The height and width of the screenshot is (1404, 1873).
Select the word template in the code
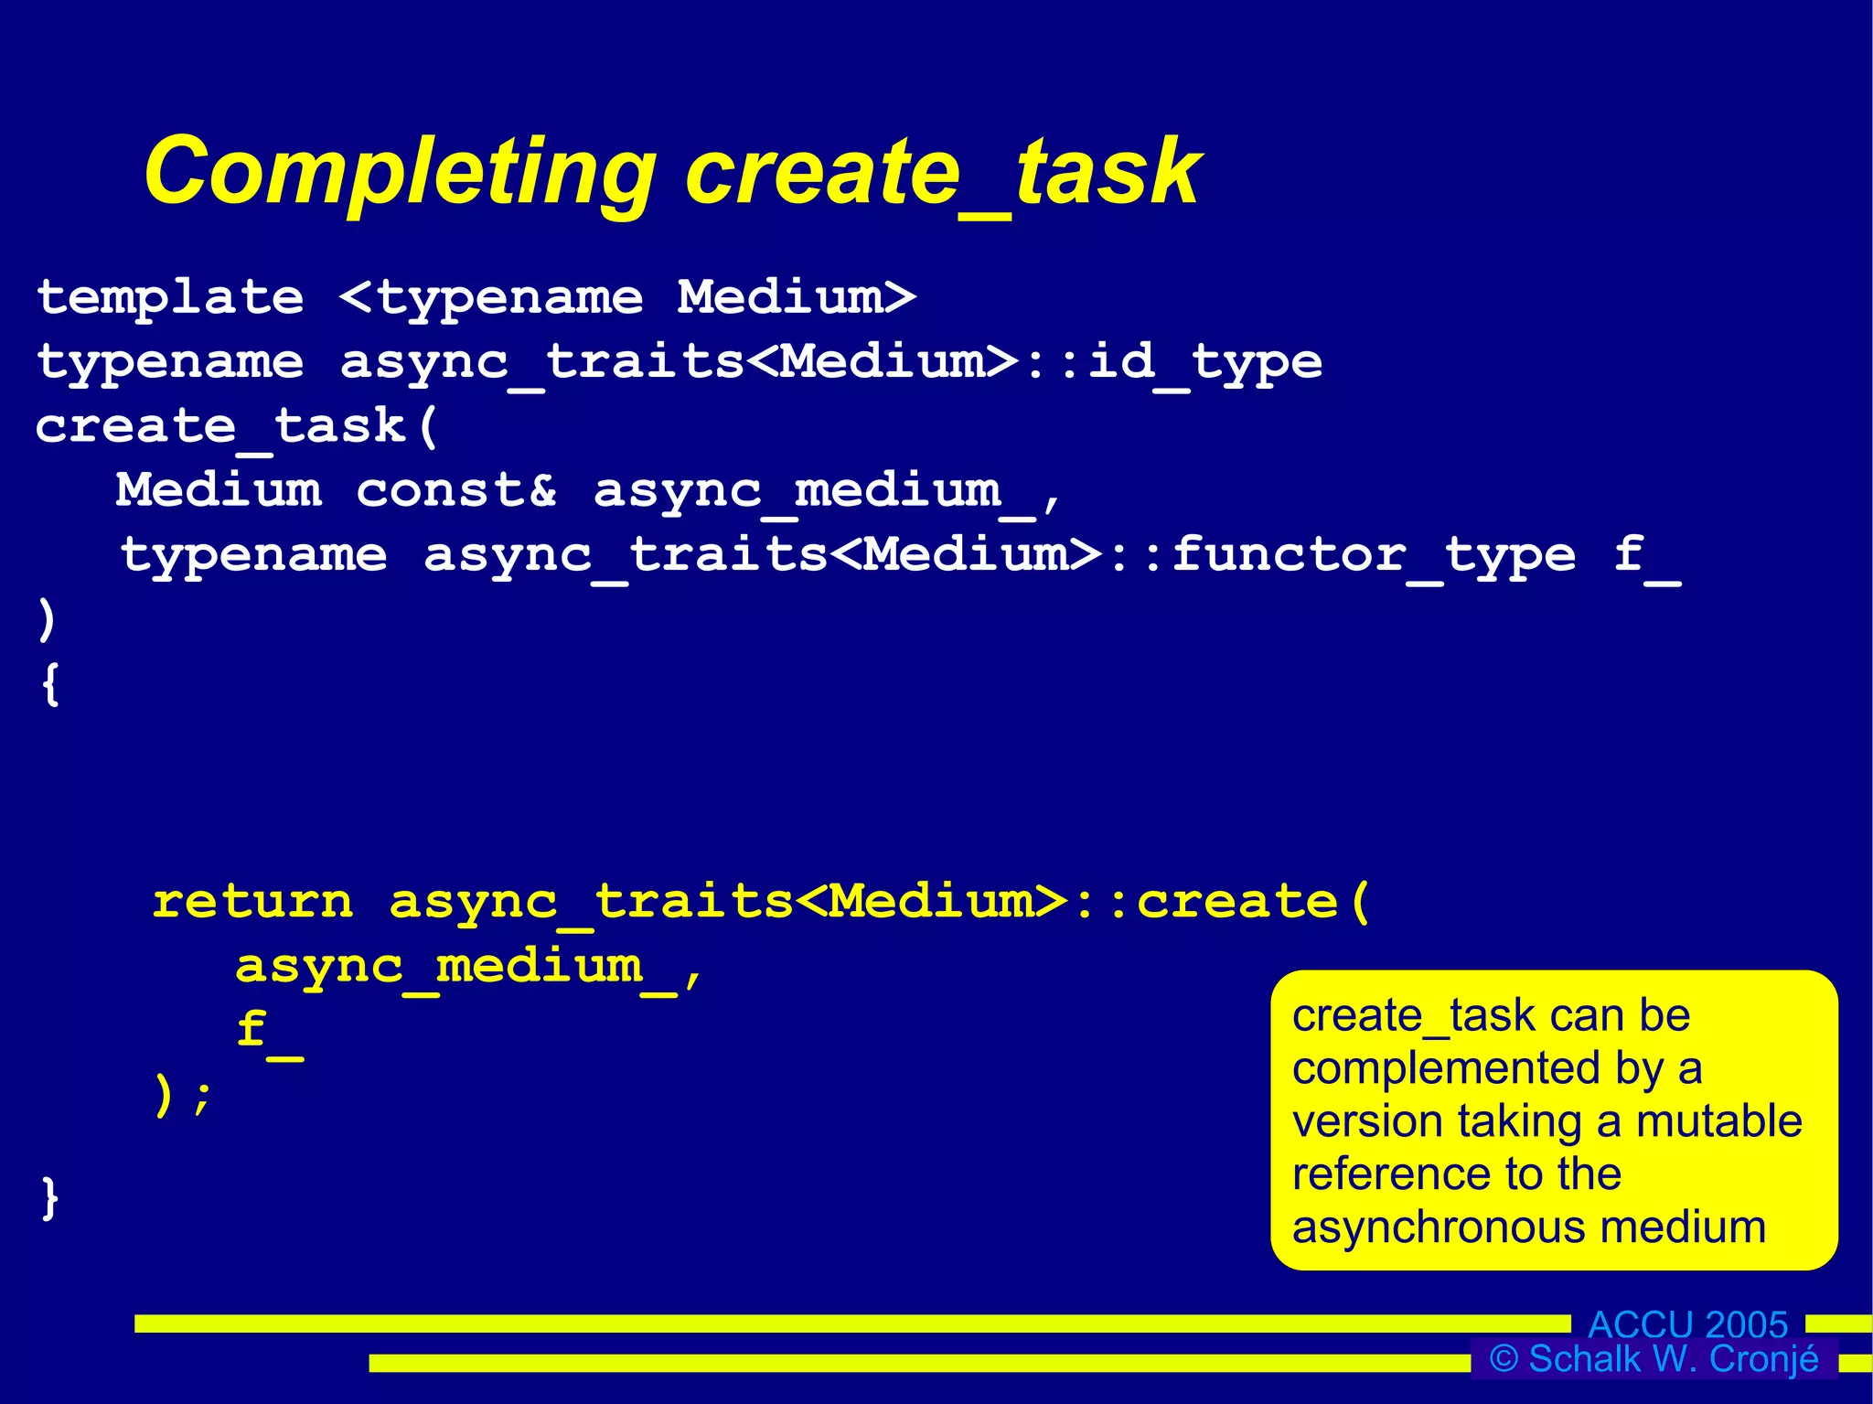(x=170, y=298)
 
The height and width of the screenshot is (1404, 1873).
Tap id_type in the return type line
(x=1204, y=362)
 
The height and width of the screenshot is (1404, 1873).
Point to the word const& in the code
(x=455, y=491)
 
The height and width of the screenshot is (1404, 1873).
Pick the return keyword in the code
(x=252, y=902)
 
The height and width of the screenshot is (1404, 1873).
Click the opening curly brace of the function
(x=50, y=684)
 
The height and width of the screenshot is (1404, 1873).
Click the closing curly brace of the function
(x=50, y=1197)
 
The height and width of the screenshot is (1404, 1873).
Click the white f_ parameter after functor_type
(x=1646, y=555)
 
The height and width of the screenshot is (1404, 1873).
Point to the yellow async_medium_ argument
(x=455, y=968)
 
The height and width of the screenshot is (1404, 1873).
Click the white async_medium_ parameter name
(x=814, y=491)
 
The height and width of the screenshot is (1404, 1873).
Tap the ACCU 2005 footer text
(x=1687, y=1324)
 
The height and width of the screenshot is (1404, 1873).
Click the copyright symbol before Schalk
(x=1504, y=1358)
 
